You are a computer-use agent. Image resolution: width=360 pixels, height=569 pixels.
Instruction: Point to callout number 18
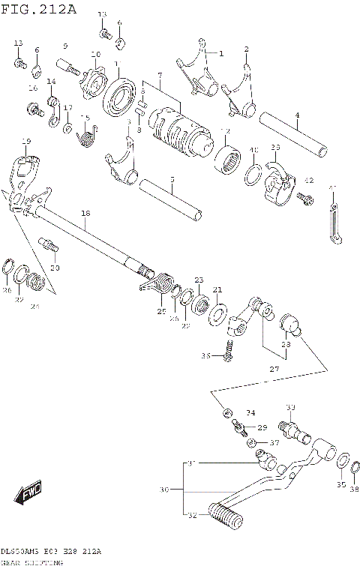pos(85,214)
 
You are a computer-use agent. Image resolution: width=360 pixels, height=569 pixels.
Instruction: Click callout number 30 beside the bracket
pos(164,489)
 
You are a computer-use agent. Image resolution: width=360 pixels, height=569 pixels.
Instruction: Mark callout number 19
pos(26,141)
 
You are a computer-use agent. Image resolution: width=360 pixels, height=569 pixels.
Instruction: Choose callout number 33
pos(291,407)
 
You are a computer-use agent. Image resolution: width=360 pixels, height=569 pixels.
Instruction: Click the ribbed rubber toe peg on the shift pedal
pos(225,515)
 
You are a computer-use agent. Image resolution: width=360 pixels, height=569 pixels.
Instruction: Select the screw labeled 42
pos(303,197)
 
